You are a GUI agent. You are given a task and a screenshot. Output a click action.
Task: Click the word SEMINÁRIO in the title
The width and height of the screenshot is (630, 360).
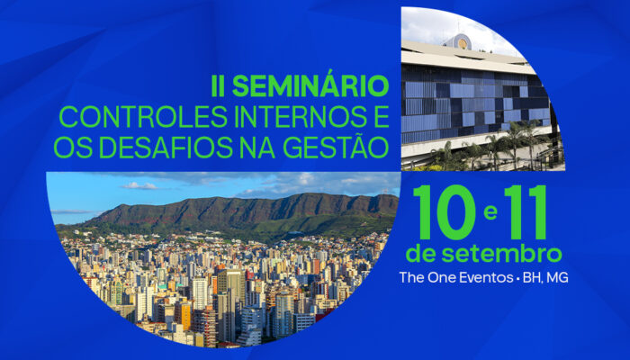310,86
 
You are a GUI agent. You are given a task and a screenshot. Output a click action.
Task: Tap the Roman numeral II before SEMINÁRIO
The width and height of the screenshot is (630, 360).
218,86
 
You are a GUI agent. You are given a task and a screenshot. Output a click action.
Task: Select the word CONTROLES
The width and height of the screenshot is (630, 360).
143,117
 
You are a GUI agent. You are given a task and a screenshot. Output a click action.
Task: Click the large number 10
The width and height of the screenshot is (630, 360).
445,212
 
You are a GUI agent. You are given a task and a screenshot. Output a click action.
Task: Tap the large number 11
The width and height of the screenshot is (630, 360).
526,212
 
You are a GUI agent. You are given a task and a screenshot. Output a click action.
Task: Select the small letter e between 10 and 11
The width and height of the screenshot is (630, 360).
490,212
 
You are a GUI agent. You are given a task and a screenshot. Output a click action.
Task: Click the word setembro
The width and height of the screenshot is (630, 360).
501,255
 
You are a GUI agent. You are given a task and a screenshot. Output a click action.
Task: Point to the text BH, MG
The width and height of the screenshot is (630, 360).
545,278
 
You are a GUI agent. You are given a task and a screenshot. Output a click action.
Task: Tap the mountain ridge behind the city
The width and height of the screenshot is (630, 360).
241,211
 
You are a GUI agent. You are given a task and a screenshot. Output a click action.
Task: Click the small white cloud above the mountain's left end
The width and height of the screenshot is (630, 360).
140,185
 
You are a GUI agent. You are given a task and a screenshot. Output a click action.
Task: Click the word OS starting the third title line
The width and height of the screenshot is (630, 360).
73,148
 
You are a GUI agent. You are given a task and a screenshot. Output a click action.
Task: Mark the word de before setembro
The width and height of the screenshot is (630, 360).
421,255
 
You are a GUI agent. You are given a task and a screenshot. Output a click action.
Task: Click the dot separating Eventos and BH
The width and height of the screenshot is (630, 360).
517,278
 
